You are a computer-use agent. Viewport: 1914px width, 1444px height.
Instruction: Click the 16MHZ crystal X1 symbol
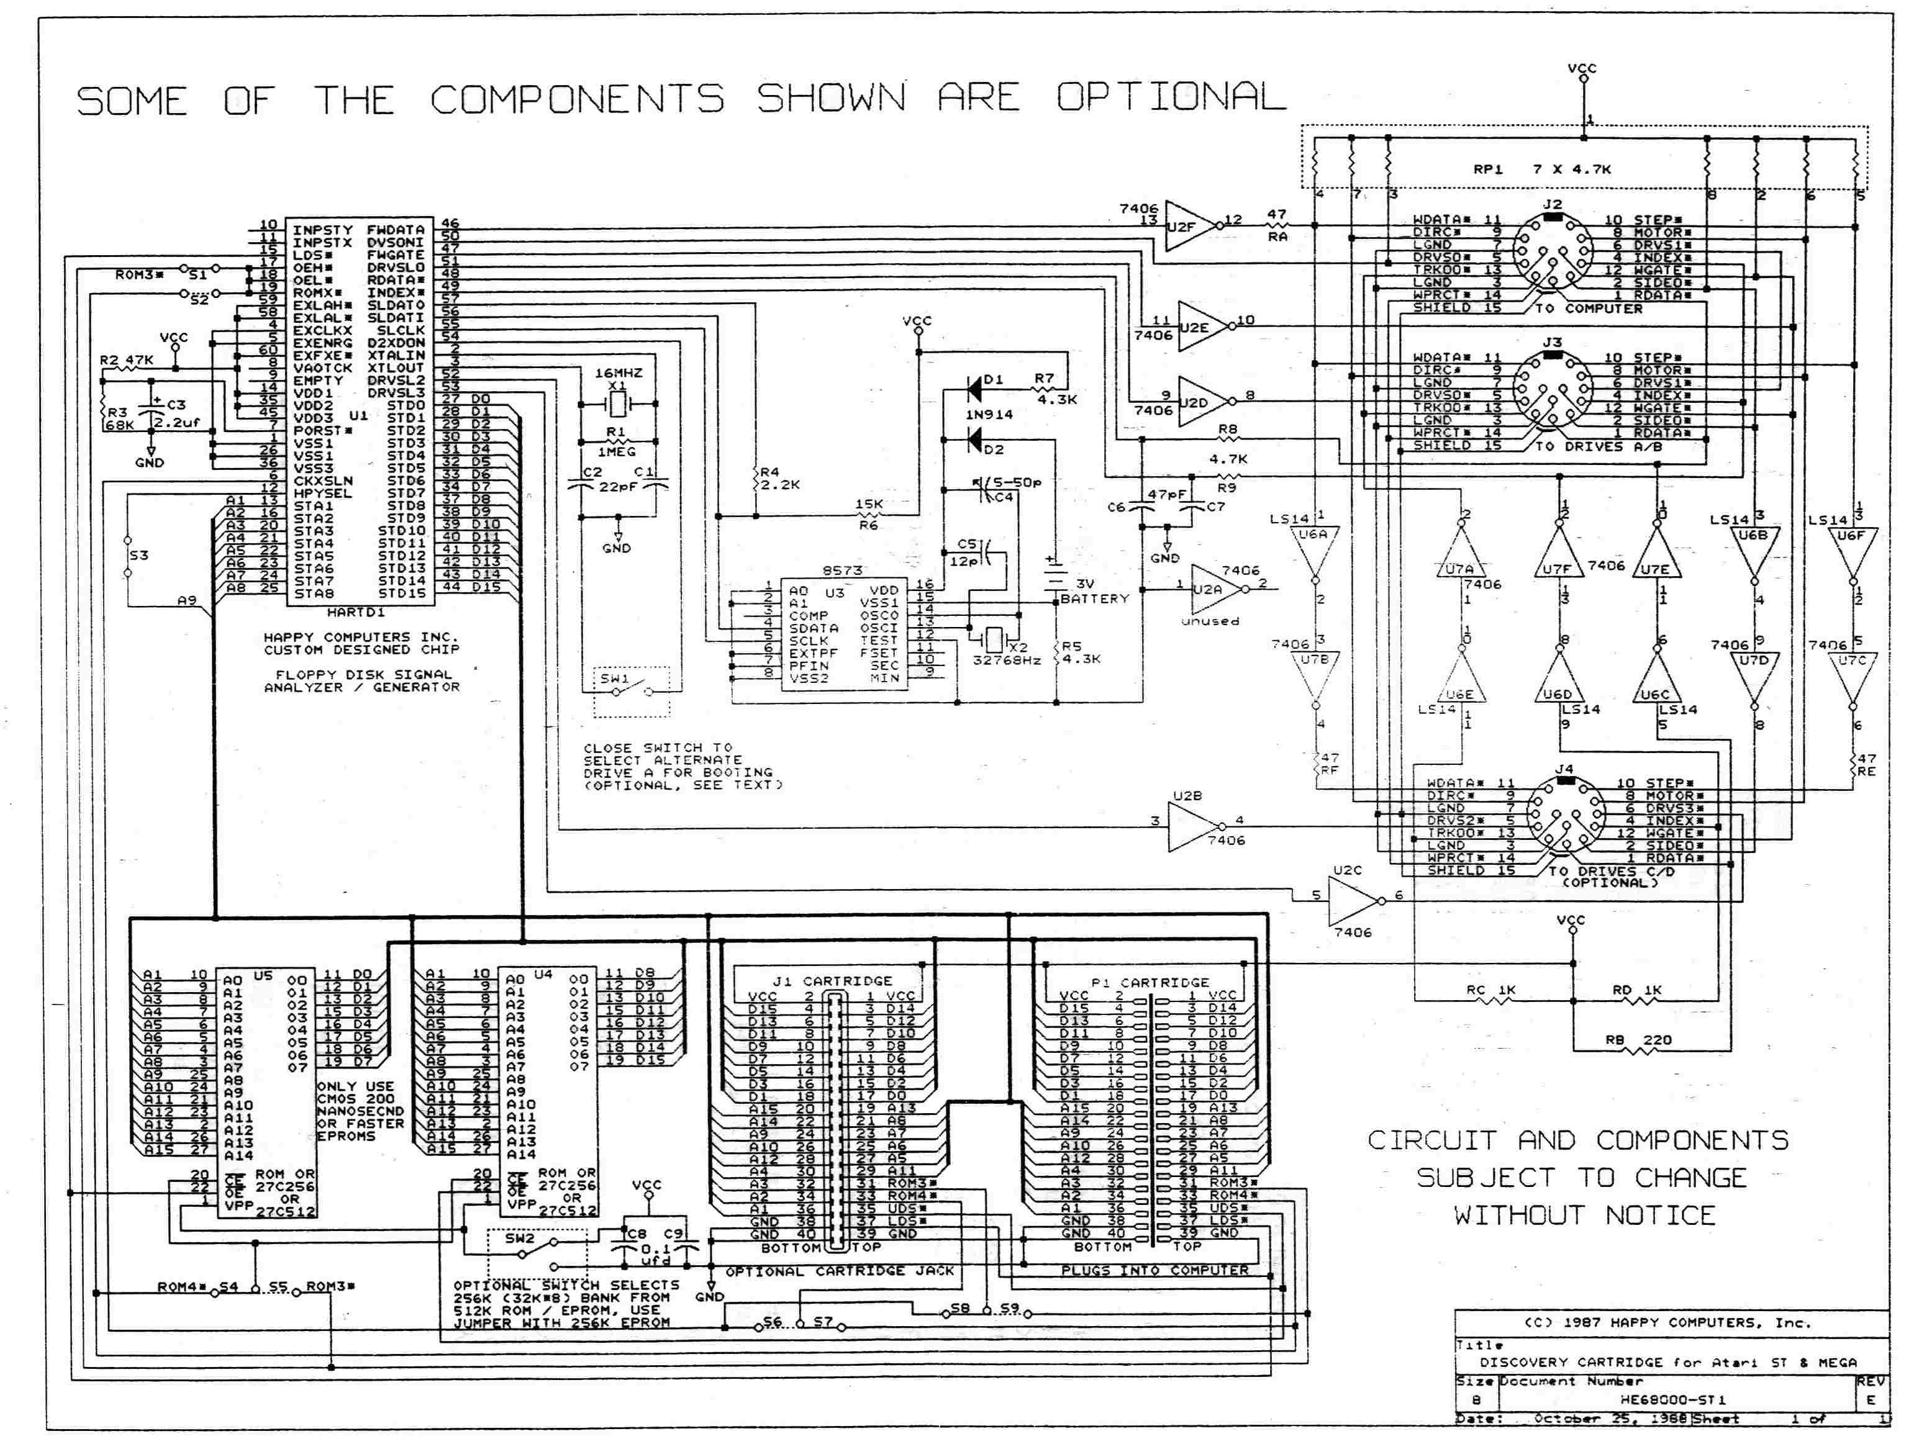(617, 403)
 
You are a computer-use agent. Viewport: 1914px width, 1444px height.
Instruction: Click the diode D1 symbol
(975, 389)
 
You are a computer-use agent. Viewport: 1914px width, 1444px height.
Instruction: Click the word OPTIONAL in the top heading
(1170, 97)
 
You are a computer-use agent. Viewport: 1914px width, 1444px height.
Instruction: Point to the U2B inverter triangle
(1192, 826)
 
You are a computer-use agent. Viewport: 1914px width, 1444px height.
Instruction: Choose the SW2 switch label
(520, 1238)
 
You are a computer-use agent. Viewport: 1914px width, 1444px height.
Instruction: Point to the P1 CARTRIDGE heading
(1149, 983)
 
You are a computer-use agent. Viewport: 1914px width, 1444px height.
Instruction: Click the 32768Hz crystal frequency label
(1006, 660)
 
